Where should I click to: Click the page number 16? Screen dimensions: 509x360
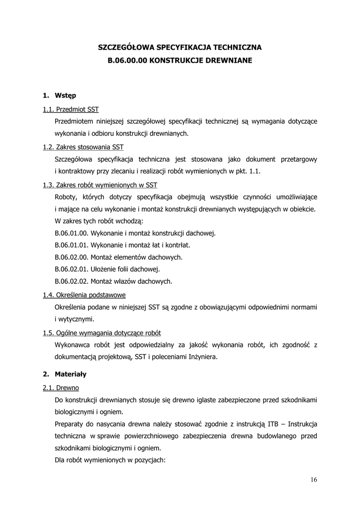313,480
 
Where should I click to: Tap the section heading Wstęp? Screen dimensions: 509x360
65,95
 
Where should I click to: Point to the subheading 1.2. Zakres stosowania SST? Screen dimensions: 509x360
83,147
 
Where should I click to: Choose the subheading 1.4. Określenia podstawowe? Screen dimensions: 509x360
84,294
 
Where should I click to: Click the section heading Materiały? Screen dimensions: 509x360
71,373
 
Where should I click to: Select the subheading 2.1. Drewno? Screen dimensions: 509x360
61,387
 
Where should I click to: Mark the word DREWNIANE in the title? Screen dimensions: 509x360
230,61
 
